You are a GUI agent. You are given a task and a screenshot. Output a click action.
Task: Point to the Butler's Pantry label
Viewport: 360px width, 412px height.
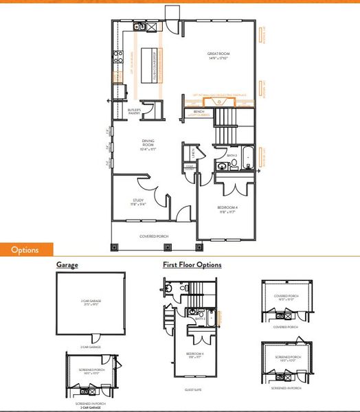(x=135, y=112)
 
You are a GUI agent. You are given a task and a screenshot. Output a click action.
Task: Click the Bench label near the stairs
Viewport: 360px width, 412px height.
(x=199, y=111)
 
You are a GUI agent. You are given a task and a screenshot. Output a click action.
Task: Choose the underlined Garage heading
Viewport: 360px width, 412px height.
(x=67, y=264)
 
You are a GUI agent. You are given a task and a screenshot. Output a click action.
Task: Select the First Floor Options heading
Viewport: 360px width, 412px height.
(x=192, y=264)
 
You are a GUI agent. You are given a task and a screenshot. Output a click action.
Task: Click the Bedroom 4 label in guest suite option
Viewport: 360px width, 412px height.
(x=194, y=356)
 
